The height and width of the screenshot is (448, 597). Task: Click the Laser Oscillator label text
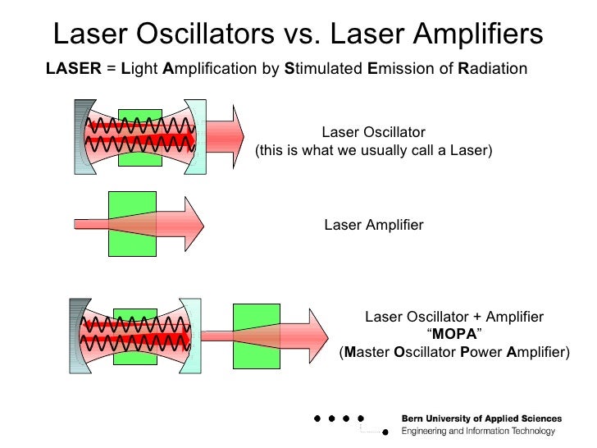(373, 132)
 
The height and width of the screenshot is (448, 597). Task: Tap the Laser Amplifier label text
(374, 225)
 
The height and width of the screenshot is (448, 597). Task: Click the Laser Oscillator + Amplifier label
(454, 317)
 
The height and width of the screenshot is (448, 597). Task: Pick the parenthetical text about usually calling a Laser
(374, 151)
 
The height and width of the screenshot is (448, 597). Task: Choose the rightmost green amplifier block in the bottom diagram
(256, 336)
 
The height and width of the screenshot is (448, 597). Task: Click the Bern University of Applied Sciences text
(481, 418)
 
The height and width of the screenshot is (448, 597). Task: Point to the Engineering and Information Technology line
(478, 432)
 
